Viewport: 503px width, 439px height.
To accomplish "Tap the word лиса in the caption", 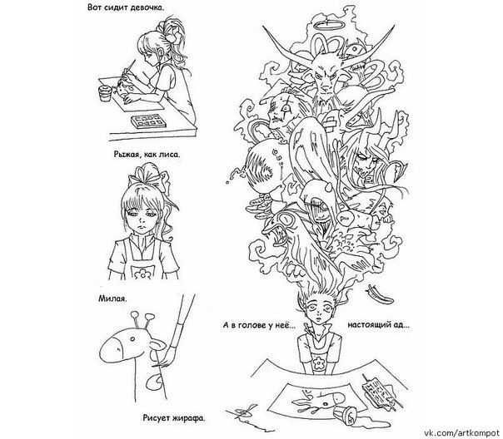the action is click(170, 155).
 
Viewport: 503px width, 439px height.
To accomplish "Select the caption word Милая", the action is click(112, 299).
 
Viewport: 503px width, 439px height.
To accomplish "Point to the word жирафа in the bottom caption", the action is click(188, 418).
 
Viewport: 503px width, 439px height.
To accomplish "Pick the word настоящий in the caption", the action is click(368, 325).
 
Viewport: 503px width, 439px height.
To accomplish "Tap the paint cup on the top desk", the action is click(105, 92).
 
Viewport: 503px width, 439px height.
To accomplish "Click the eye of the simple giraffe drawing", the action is click(132, 338).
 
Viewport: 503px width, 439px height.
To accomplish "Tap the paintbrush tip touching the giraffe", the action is click(165, 358).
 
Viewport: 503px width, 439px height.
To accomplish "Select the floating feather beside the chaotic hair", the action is click(380, 293).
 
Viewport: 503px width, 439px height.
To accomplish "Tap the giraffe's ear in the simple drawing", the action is click(158, 345).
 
